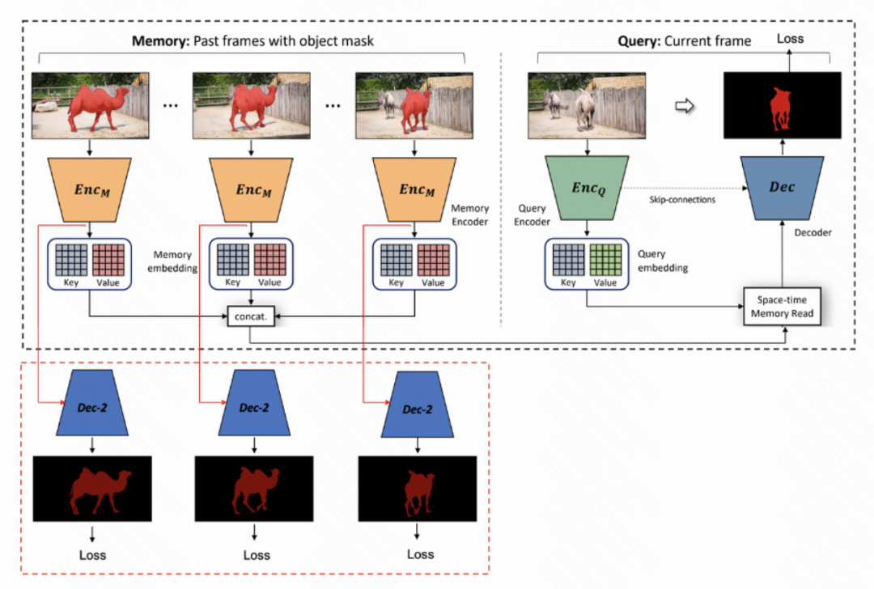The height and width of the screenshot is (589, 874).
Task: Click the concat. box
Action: pyautogui.click(x=252, y=317)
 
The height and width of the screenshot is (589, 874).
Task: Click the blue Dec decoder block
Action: pyautogui.click(x=782, y=188)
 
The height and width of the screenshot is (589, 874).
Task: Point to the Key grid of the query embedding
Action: pyautogui.click(x=569, y=258)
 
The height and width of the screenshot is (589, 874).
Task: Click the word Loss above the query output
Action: pyautogui.click(x=790, y=39)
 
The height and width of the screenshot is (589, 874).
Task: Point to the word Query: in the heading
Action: pyautogui.click(x=639, y=41)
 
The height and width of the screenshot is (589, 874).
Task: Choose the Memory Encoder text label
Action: pyautogui.click(x=469, y=214)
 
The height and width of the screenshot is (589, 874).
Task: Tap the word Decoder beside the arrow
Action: pyautogui.click(x=812, y=233)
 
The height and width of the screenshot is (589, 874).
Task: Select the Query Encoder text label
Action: pyautogui.click(x=532, y=214)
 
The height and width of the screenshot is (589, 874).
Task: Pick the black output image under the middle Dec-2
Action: pyautogui.click(x=256, y=489)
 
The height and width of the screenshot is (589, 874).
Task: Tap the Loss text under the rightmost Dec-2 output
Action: pyautogui.click(x=420, y=554)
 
